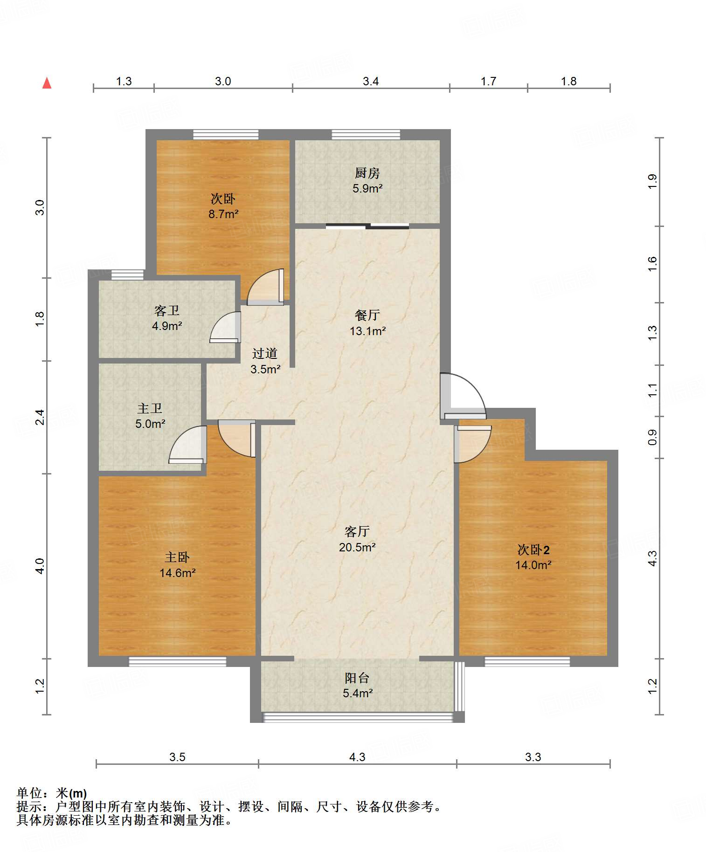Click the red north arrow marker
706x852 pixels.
pos(47,83)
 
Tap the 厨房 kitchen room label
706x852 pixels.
pos(367,173)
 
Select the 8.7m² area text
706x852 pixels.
pos(223,214)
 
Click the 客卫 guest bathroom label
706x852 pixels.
pos(166,310)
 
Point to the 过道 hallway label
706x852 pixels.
pos(265,353)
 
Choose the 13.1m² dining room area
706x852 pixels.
pos(367,331)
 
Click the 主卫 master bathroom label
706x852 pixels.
pos(150,408)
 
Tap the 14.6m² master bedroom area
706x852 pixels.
pos(177,573)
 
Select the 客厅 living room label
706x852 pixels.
pos(357,531)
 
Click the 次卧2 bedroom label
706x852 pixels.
pos(533,550)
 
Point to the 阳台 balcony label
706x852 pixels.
pos(357,678)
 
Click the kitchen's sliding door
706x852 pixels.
pos(367,227)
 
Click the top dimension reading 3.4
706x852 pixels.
pos(371,82)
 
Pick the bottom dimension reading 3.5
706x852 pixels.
pos(177,757)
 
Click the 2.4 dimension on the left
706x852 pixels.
pos(40,417)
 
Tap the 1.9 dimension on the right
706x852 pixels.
pos(652,181)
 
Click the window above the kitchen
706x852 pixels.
pos(366,135)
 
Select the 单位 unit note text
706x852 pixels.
pos(52,793)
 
